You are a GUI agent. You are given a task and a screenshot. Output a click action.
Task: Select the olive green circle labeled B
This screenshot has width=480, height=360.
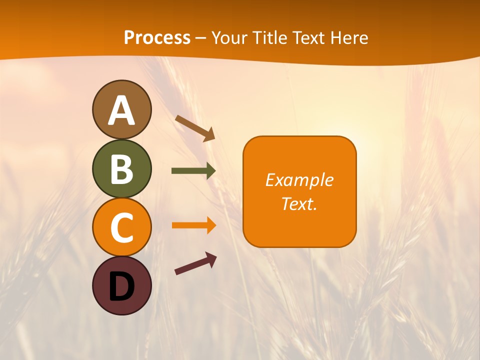(121, 168)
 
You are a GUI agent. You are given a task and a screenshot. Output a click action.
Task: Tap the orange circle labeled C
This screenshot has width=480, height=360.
(121, 227)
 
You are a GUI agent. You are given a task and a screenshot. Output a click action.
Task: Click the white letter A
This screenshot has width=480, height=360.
(121, 110)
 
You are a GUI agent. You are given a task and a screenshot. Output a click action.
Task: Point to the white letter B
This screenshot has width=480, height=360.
(121, 169)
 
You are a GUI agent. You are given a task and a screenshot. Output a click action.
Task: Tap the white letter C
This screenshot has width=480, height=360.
(121, 227)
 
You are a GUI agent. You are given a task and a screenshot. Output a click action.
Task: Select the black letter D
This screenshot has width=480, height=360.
(121, 287)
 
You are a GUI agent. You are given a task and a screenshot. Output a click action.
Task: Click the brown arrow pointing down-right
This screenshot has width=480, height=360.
(195, 128)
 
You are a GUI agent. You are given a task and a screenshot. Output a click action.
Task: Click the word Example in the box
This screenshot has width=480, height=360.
(299, 180)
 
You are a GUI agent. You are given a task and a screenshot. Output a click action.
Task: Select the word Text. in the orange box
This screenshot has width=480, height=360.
(299, 203)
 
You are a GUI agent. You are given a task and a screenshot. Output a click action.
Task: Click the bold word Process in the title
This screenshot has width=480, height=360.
(157, 37)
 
